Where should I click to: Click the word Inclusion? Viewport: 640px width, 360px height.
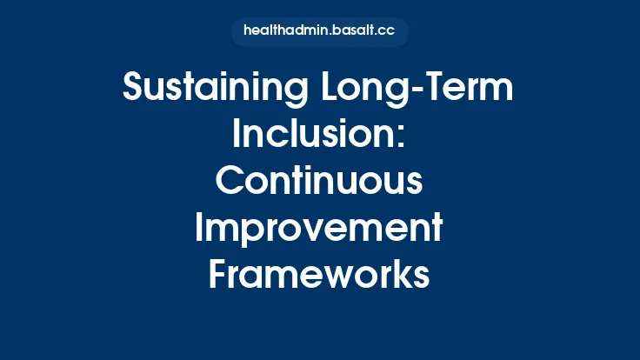(x=314, y=136)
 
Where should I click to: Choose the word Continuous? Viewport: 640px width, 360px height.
(x=319, y=182)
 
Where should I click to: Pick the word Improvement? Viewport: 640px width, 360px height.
(x=319, y=229)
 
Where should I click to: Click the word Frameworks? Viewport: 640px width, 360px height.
(x=319, y=275)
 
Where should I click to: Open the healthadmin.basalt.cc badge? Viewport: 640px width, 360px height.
(x=319, y=31)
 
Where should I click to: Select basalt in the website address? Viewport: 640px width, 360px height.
(x=347, y=31)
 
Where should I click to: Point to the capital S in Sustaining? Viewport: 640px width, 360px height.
(x=135, y=89)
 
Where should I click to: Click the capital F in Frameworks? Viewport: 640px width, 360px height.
(x=219, y=275)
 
